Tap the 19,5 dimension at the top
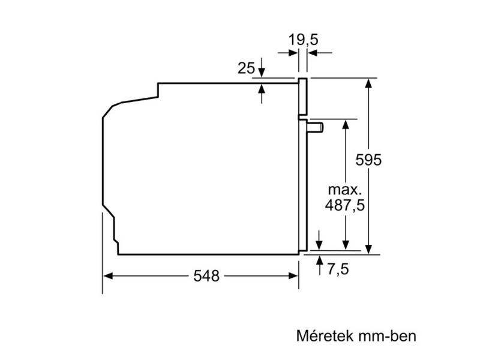302,40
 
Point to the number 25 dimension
246,68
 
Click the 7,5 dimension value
338,269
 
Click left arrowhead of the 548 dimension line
107,276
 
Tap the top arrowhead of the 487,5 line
346,124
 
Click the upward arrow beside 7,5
319,259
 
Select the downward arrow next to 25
262,74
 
